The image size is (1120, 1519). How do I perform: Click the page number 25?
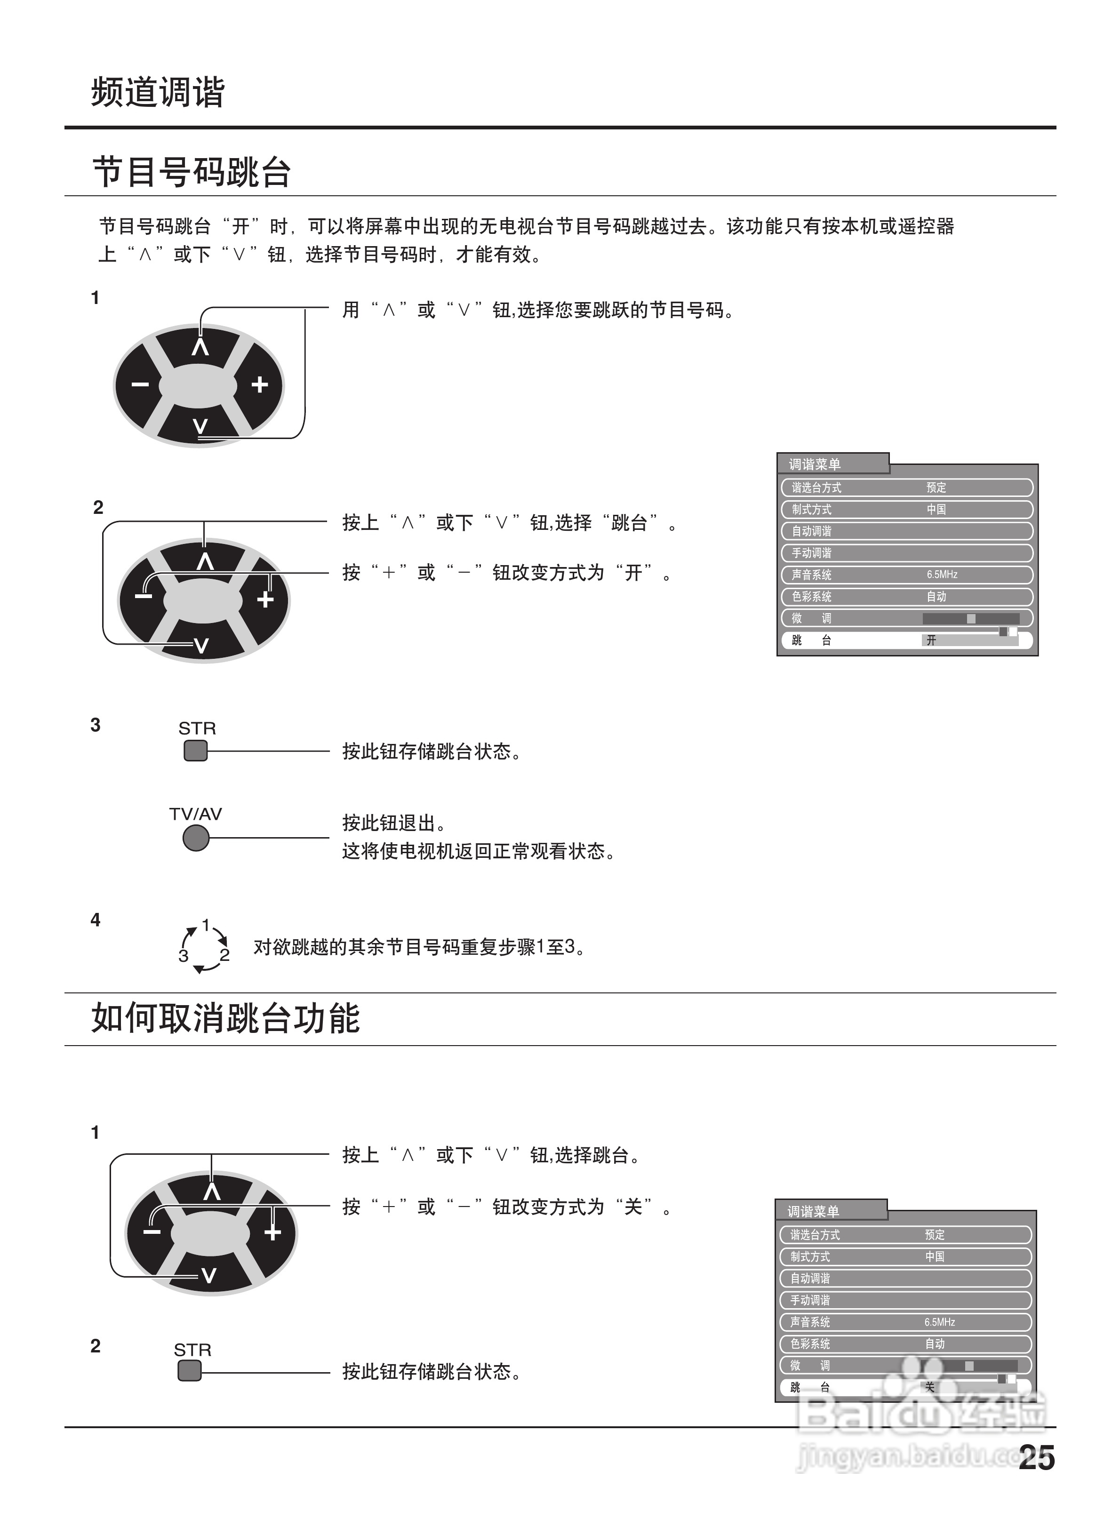point(1036,1457)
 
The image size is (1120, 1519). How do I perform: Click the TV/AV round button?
point(196,839)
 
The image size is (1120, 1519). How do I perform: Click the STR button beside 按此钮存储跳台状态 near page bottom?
point(189,1371)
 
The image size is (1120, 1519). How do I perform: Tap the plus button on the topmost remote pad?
point(260,385)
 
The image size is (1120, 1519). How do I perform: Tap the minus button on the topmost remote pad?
point(140,385)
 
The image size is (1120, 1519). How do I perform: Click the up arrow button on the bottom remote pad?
point(211,1191)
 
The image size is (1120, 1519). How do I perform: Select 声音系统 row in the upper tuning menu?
point(811,575)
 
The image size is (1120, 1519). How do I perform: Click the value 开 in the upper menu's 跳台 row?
point(931,640)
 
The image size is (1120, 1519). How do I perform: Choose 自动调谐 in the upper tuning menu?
point(811,531)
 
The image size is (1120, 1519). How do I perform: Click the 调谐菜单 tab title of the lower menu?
point(813,1211)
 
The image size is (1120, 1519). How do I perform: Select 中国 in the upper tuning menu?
point(936,509)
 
